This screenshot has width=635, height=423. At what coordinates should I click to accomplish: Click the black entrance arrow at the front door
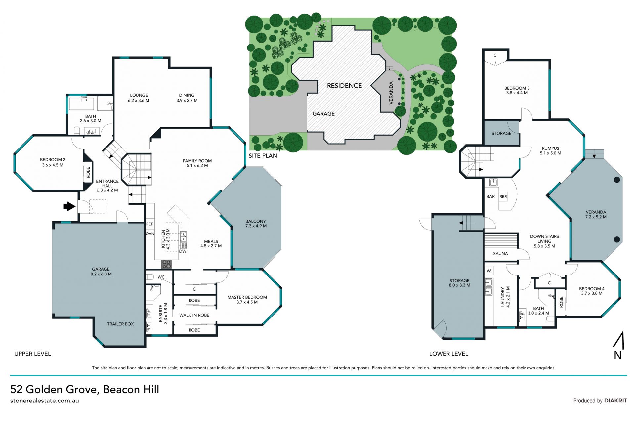(x=69, y=206)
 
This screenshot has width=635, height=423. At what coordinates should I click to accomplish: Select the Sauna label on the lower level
(x=500, y=254)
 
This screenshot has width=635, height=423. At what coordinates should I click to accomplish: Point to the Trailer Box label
(x=120, y=324)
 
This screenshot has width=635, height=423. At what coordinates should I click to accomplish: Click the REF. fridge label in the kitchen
(x=150, y=224)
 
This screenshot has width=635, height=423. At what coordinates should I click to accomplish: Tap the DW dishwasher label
(x=183, y=251)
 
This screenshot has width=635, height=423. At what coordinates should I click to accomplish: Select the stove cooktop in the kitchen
(x=166, y=264)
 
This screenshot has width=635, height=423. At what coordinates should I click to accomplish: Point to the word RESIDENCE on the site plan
(x=344, y=86)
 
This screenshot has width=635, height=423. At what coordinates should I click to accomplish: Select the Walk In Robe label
(x=194, y=315)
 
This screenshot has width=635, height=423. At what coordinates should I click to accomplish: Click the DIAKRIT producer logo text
(x=615, y=401)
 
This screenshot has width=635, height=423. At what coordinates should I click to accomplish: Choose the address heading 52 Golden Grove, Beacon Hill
(x=85, y=389)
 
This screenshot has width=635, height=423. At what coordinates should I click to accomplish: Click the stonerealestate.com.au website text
(x=45, y=401)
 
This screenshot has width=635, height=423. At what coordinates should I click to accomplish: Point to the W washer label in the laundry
(x=489, y=271)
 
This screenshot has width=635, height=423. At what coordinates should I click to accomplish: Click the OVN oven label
(x=150, y=233)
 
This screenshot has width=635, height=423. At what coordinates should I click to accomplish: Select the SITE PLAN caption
(x=263, y=156)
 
